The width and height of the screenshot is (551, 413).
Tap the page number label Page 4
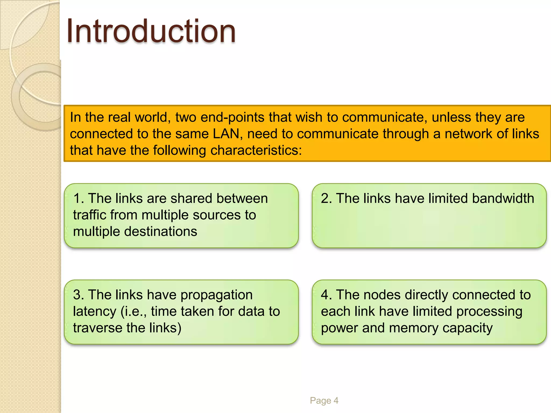[x=324, y=400]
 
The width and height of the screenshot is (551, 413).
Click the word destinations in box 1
[x=161, y=232]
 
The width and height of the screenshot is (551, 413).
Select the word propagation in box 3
[x=216, y=295]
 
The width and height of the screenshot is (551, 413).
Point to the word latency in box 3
[x=94, y=311]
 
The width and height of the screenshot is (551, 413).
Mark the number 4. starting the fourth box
[x=326, y=295]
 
